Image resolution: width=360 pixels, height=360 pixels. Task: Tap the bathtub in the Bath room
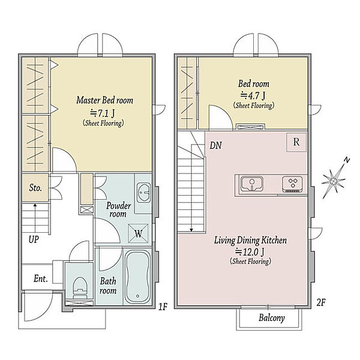pos(137,277)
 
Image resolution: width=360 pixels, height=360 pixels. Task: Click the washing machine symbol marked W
pos(138,233)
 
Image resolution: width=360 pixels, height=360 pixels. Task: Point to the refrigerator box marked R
pos(296,142)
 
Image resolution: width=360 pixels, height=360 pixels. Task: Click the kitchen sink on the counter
pos(252,183)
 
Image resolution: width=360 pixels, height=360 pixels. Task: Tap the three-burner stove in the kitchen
pos(292,184)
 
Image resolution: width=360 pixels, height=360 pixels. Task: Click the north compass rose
pos(335,178)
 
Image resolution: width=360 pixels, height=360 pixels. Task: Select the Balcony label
pos(272,318)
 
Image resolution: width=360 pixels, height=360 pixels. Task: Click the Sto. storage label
pos(35,188)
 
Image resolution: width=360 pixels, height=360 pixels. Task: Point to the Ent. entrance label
pos(41,279)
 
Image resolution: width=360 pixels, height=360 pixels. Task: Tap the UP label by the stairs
pos(34,239)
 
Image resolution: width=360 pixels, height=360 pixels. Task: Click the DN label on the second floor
pos(215,145)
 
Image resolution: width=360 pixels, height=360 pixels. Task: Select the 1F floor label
pos(163,307)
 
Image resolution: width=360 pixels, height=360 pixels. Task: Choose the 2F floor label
pos(321,302)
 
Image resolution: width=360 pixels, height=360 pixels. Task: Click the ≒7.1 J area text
pos(103,113)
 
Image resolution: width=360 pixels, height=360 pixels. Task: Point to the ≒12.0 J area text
pos(250,252)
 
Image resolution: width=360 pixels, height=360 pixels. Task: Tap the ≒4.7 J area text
pos(253,95)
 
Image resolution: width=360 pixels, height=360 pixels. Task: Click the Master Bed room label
pos(104,100)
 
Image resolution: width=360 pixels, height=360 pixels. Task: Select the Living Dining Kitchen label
pos(250,241)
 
